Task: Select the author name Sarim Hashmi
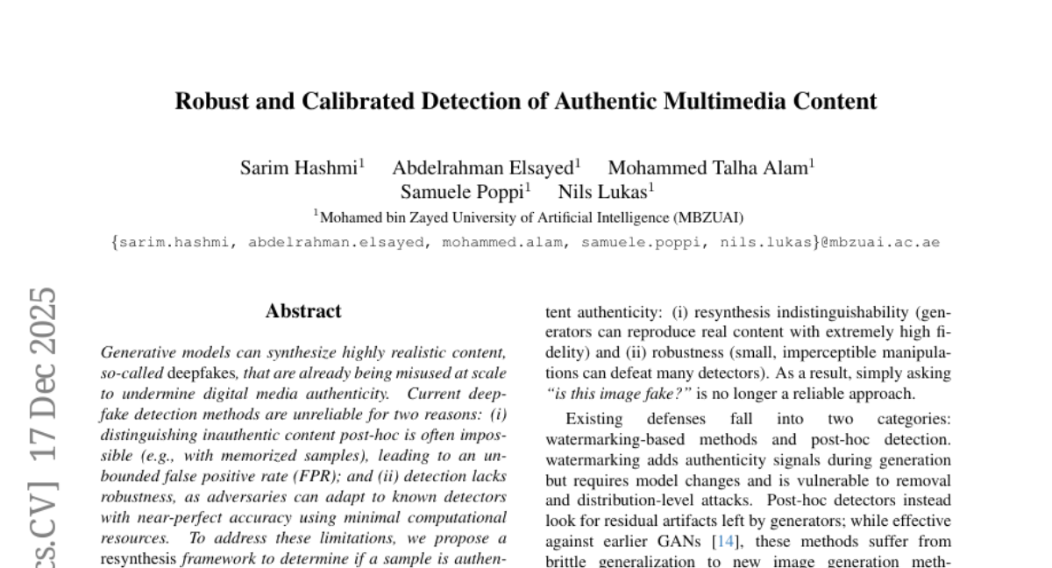299,167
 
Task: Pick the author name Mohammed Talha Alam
708,167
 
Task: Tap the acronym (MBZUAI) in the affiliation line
709,217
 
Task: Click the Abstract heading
303,311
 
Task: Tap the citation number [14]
726,542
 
